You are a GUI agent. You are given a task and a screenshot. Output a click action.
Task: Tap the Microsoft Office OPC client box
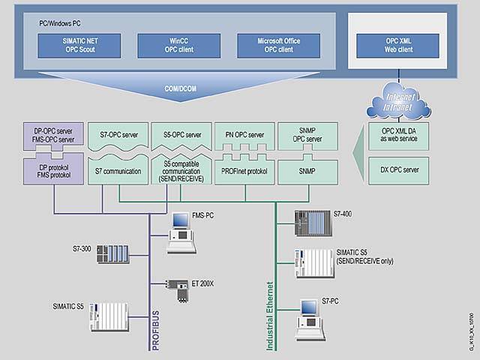pos(273,45)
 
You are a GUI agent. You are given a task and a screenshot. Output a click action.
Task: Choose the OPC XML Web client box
pos(392,45)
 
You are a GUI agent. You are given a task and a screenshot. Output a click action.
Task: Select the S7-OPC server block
pos(118,136)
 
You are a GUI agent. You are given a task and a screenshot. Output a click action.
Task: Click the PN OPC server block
pos(244,136)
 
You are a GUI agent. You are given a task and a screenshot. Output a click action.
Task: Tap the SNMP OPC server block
pos(307,136)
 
